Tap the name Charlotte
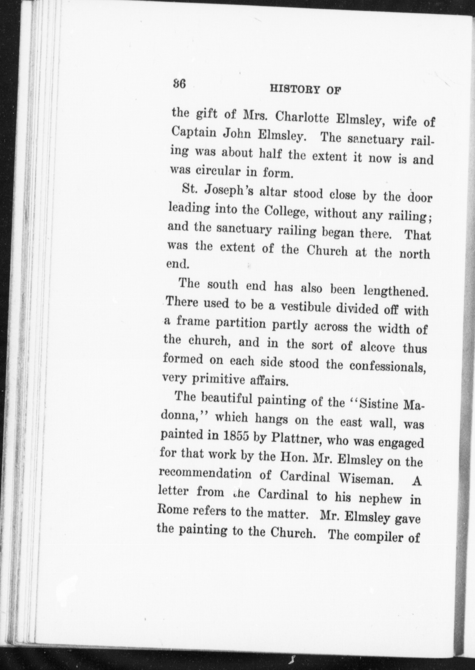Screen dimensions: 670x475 coord(301,118)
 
